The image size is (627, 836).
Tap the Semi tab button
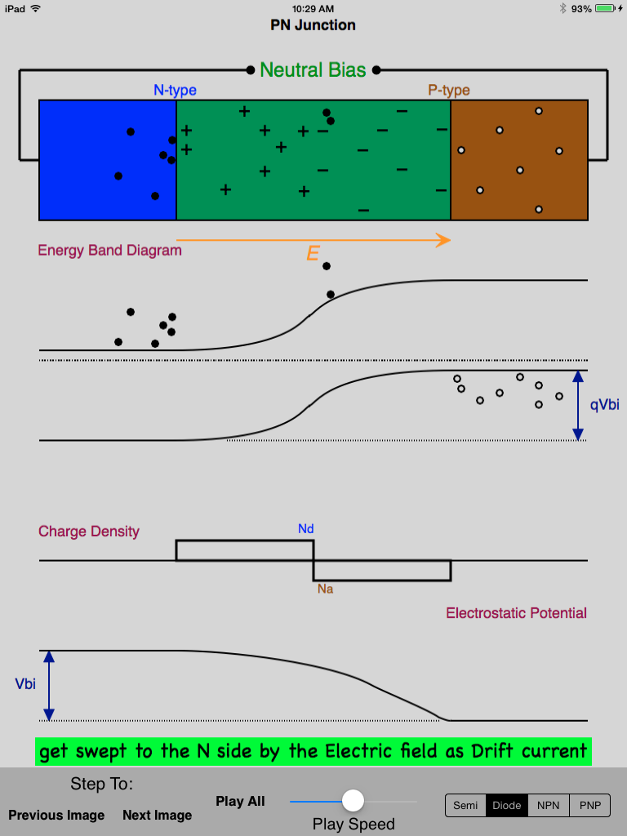465,806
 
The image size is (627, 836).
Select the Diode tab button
507,806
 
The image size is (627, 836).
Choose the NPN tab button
549,806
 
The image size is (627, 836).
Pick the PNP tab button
589,806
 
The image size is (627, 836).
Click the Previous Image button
56,815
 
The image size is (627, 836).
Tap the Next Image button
157,815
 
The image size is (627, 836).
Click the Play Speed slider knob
353,800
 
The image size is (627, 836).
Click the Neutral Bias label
313,70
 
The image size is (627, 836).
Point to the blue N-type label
175,91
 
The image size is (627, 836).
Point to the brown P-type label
449,91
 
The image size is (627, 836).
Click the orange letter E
312,255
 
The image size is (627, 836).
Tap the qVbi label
604,405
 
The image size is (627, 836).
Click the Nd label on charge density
305,529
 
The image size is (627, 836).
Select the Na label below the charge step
325,589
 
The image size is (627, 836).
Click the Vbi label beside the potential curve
25,684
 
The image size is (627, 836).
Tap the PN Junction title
313,25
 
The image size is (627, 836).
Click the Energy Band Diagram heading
109,251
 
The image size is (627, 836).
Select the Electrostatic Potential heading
516,613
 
